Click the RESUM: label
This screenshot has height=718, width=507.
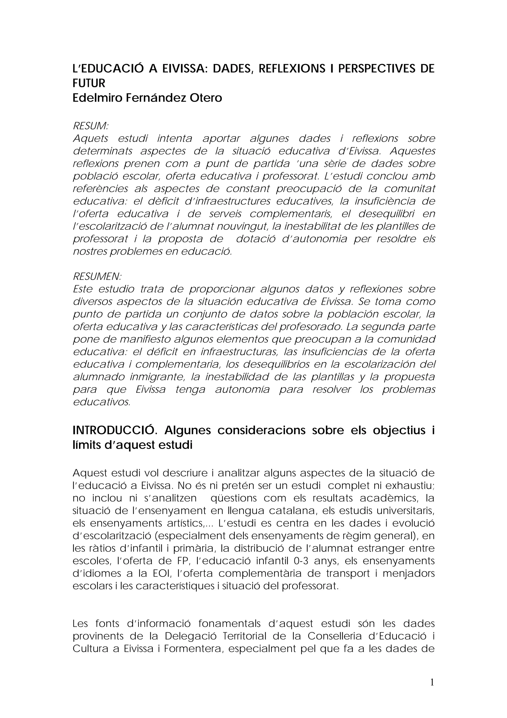(x=90, y=126)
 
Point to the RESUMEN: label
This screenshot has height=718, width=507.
(x=97, y=276)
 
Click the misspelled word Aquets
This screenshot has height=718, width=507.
(x=91, y=138)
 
